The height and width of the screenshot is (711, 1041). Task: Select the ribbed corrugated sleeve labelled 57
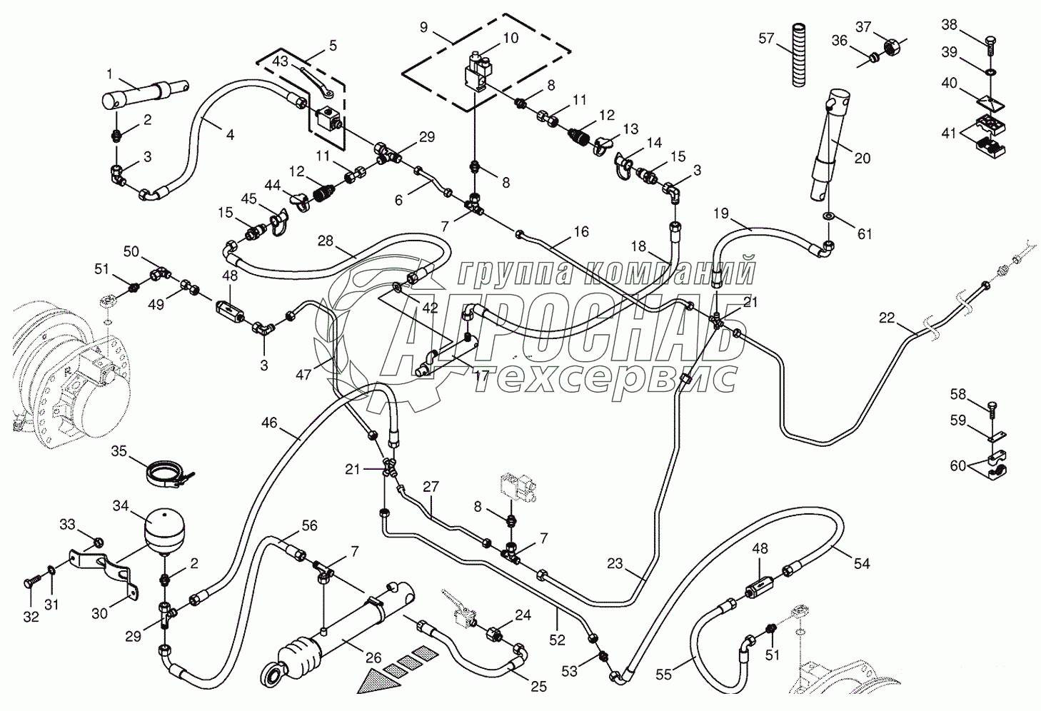click(799, 56)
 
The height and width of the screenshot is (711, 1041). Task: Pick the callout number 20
click(863, 158)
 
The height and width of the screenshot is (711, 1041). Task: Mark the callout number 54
click(862, 563)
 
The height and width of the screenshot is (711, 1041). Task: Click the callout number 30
click(100, 612)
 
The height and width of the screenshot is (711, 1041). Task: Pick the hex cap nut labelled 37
click(892, 47)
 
